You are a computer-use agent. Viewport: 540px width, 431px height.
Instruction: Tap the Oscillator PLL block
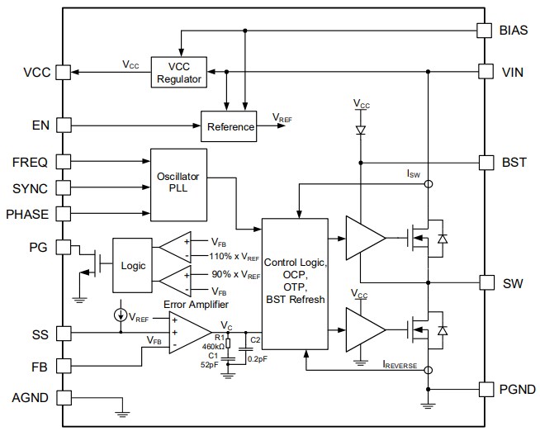click(178, 184)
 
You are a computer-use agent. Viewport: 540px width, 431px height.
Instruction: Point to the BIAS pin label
click(514, 30)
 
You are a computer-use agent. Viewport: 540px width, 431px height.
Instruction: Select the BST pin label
click(511, 162)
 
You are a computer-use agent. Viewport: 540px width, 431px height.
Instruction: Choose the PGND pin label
click(516, 389)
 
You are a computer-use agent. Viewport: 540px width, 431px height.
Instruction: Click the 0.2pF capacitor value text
click(257, 358)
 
